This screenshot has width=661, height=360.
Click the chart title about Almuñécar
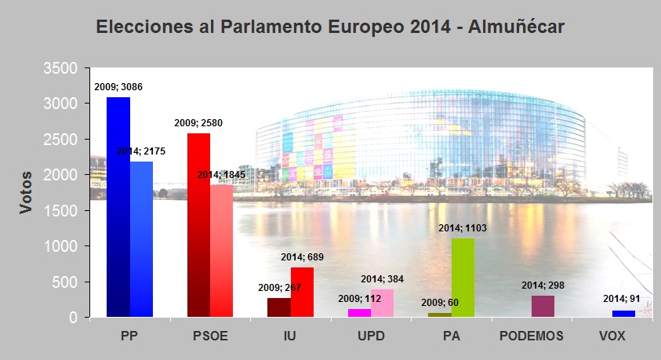point(330,27)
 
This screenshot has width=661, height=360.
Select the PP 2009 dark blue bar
point(118,207)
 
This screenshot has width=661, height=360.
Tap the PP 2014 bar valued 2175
point(141,239)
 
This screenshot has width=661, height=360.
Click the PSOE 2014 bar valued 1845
point(222,251)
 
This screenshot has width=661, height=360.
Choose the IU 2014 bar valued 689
point(302,293)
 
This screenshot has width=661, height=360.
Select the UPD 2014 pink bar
point(382,304)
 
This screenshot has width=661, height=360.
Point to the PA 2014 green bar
point(463,278)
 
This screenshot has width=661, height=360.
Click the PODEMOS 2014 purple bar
point(543,307)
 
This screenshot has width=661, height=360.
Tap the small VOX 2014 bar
point(623,314)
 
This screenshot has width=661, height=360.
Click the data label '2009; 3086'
point(118,87)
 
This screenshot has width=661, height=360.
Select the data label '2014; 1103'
point(463,228)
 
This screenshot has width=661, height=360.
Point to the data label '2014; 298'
point(543,285)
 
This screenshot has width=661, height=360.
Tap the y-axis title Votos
point(27,193)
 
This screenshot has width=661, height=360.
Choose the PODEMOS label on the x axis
point(532,336)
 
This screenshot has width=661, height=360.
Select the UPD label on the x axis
point(371,336)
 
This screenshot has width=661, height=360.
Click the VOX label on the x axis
point(612,336)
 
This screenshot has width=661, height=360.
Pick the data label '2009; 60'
point(440,302)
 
